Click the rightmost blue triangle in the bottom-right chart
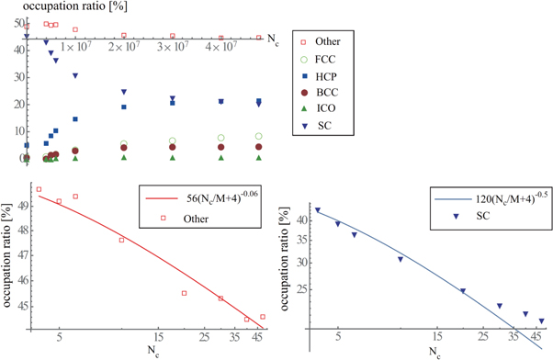click(542, 321)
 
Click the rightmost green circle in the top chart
click(259, 137)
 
